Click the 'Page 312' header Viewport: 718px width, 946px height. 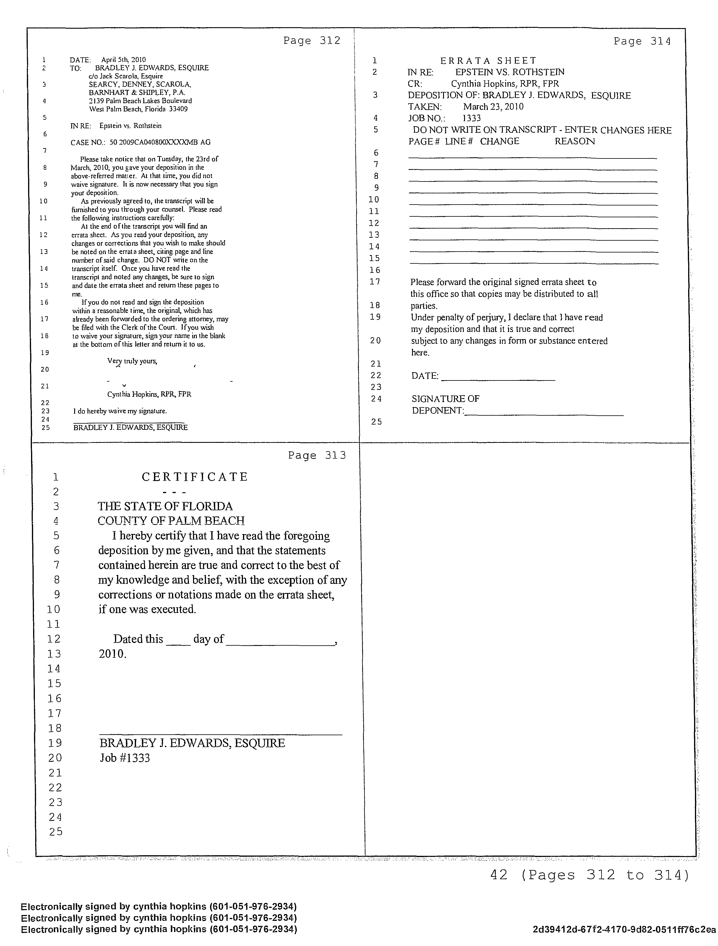[x=312, y=41]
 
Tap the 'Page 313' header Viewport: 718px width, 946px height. [x=317, y=456]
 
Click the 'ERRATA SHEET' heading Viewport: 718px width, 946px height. [x=488, y=61]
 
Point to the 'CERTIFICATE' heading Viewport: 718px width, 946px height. [x=195, y=477]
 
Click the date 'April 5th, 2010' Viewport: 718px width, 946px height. [x=124, y=60]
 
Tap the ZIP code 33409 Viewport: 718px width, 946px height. [x=179, y=109]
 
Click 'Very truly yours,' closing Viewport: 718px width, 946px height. [x=132, y=361]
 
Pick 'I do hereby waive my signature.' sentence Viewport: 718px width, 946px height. [x=120, y=411]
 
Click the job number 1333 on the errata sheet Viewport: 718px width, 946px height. [x=472, y=118]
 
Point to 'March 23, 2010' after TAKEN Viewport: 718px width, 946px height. [x=493, y=106]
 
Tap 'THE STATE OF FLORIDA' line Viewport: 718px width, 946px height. [x=165, y=506]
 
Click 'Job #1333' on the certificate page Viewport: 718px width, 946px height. [x=125, y=758]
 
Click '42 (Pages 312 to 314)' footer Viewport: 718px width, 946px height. [x=589, y=875]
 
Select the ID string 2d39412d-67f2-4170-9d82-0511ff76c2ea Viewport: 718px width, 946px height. [x=624, y=929]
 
